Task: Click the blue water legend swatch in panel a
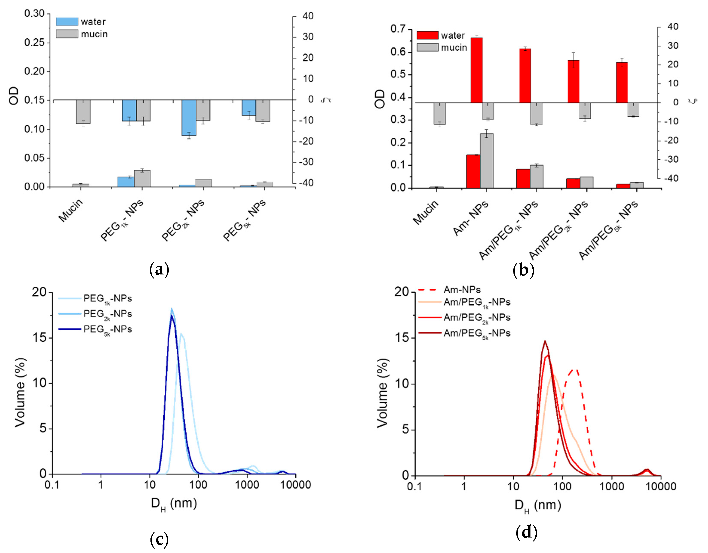(x=67, y=22)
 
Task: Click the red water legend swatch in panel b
(x=427, y=35)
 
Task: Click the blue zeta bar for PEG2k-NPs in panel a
(x=189, y=117)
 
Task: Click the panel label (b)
(x=523, y=270)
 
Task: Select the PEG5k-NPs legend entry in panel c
(x=107, y=330)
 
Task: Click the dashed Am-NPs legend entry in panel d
(x=462, y=290)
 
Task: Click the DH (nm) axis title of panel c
(x=174, y=504)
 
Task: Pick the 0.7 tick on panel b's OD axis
(x=398, y=29)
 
